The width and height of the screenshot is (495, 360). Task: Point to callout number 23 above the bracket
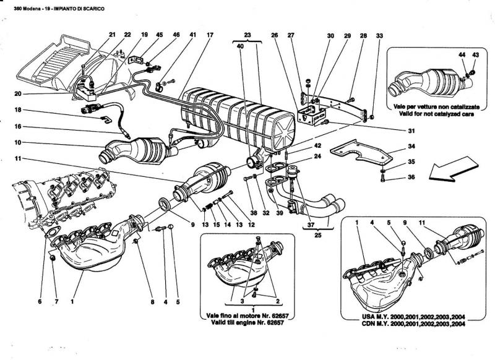click(x=248, y=35)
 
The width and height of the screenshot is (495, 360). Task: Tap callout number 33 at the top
click(x=379, y=35)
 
